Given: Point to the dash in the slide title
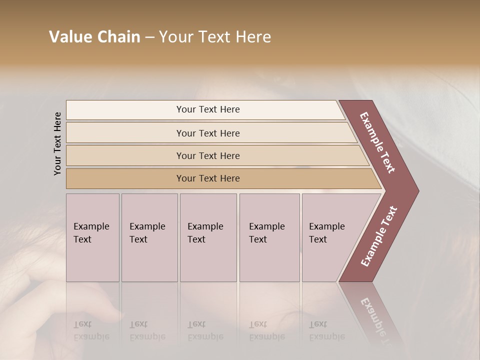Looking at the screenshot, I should tap(149, 37).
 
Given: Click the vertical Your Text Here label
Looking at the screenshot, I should tap(57, 143).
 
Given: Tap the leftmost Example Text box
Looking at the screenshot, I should tap(92, 237).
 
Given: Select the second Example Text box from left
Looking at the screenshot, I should tap(149, 237).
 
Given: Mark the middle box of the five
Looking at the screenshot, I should tap(208, 237).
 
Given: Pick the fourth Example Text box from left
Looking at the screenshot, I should tap(269, 237).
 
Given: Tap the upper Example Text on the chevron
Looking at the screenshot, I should tap(377, 143).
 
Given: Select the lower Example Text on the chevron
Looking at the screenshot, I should tap(378, 236).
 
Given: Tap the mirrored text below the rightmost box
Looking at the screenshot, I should tap(327, 330).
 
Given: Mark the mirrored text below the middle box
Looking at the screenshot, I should tap(205, 330).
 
